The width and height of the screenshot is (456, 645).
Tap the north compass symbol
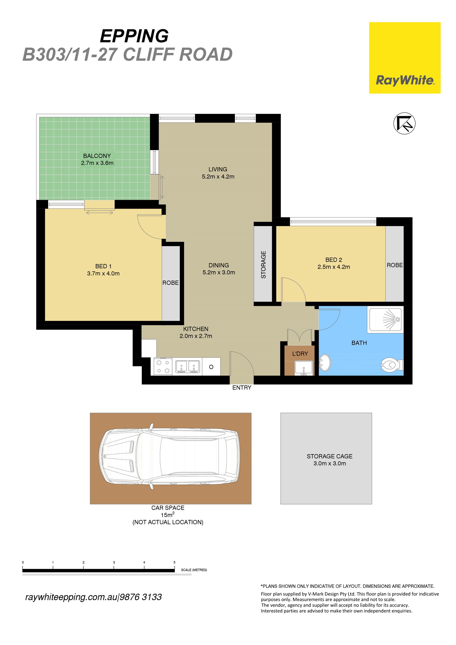coord(404,123)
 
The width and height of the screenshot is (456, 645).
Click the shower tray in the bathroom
coord(385,319)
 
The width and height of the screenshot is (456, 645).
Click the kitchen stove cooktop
coord(163,366)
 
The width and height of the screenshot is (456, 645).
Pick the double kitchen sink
coord(188,367)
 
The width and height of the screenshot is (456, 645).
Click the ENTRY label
coord(242,387)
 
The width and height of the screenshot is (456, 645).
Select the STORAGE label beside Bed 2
coord(263,265)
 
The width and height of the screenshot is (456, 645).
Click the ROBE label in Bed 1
coord(170,282)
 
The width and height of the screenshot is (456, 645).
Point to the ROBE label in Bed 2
coord(394,265)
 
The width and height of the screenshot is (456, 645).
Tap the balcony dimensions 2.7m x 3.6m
coord(97,163)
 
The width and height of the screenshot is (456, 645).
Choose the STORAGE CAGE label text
coord(329,456)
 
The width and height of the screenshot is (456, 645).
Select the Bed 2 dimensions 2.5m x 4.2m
coord(334,267)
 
